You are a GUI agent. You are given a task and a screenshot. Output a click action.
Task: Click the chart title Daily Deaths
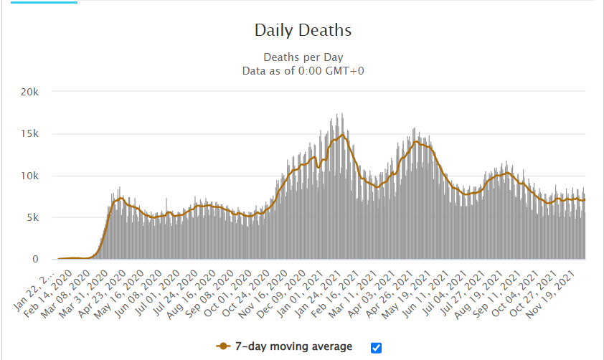303,30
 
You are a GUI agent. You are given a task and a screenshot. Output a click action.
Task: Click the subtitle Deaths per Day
303,57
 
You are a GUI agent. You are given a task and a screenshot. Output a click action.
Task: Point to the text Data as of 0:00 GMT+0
303,70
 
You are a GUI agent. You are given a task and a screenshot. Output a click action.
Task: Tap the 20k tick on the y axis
38,92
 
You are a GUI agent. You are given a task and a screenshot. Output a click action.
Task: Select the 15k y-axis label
38,133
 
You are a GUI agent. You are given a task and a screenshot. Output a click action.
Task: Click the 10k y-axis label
38,176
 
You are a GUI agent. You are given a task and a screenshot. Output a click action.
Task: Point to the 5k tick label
41,217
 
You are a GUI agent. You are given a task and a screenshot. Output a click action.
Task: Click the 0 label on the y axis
44,260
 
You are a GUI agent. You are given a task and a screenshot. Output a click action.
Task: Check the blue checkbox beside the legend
377,347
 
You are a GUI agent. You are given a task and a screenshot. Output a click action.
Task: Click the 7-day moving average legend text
294,346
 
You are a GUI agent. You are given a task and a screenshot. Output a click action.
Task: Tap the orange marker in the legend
223,346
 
